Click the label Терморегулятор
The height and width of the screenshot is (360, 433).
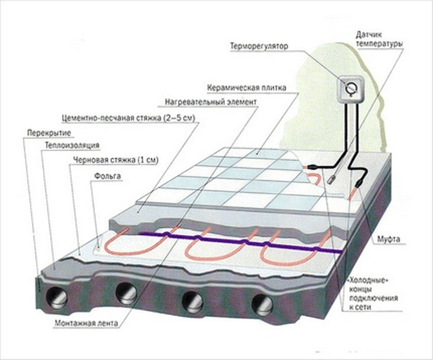[x=259, y=46]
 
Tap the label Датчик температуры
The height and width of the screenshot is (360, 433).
[x=379, y=39]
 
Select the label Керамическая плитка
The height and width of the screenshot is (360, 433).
[x=247, y=88]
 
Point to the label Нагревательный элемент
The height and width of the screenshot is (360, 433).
[x=211, y=102]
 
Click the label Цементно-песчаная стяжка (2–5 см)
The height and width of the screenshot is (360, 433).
[x=128, y=118]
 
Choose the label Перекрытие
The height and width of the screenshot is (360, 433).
[x=49, y=133]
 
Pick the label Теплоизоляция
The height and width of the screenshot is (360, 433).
[x=72, y=146]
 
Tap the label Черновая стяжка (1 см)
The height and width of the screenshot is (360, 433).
[x=116, y=160]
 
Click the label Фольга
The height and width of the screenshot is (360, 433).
[x=108, y=176]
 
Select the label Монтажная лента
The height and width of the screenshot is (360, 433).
[x=86, y=323]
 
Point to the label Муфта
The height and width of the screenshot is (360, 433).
[x=389, y=239]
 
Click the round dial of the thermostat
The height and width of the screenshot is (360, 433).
[x=352, y=88]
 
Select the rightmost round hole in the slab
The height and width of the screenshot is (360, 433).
[x=262, y=304]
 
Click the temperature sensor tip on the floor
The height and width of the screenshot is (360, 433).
[x=331, y=179]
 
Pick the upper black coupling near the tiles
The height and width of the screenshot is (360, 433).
[x=313, y=167]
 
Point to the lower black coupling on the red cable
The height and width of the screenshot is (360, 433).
[x=358, y=183]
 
